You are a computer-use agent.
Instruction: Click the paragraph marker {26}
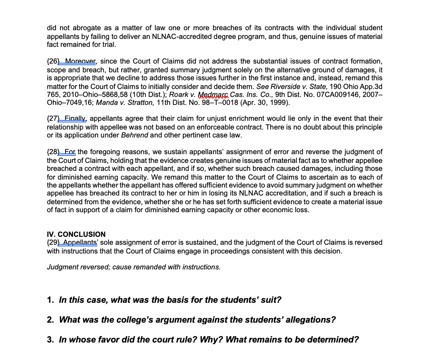pos(53,61)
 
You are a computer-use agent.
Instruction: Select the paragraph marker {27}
pos(53,118)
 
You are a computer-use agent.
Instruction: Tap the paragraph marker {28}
pos(53,152)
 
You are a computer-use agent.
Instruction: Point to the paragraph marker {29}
pos(53,242)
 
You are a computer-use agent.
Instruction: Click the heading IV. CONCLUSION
pos(76,234)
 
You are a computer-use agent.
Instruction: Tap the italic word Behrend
pos(134,135)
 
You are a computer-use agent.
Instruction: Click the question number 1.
pos(50,300)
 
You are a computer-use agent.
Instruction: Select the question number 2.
pos(50,320)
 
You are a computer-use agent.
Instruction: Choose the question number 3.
pos(50,340)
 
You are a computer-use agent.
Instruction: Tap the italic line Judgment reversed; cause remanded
pos(134,267)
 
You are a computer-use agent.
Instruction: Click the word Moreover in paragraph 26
pos(81,61)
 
